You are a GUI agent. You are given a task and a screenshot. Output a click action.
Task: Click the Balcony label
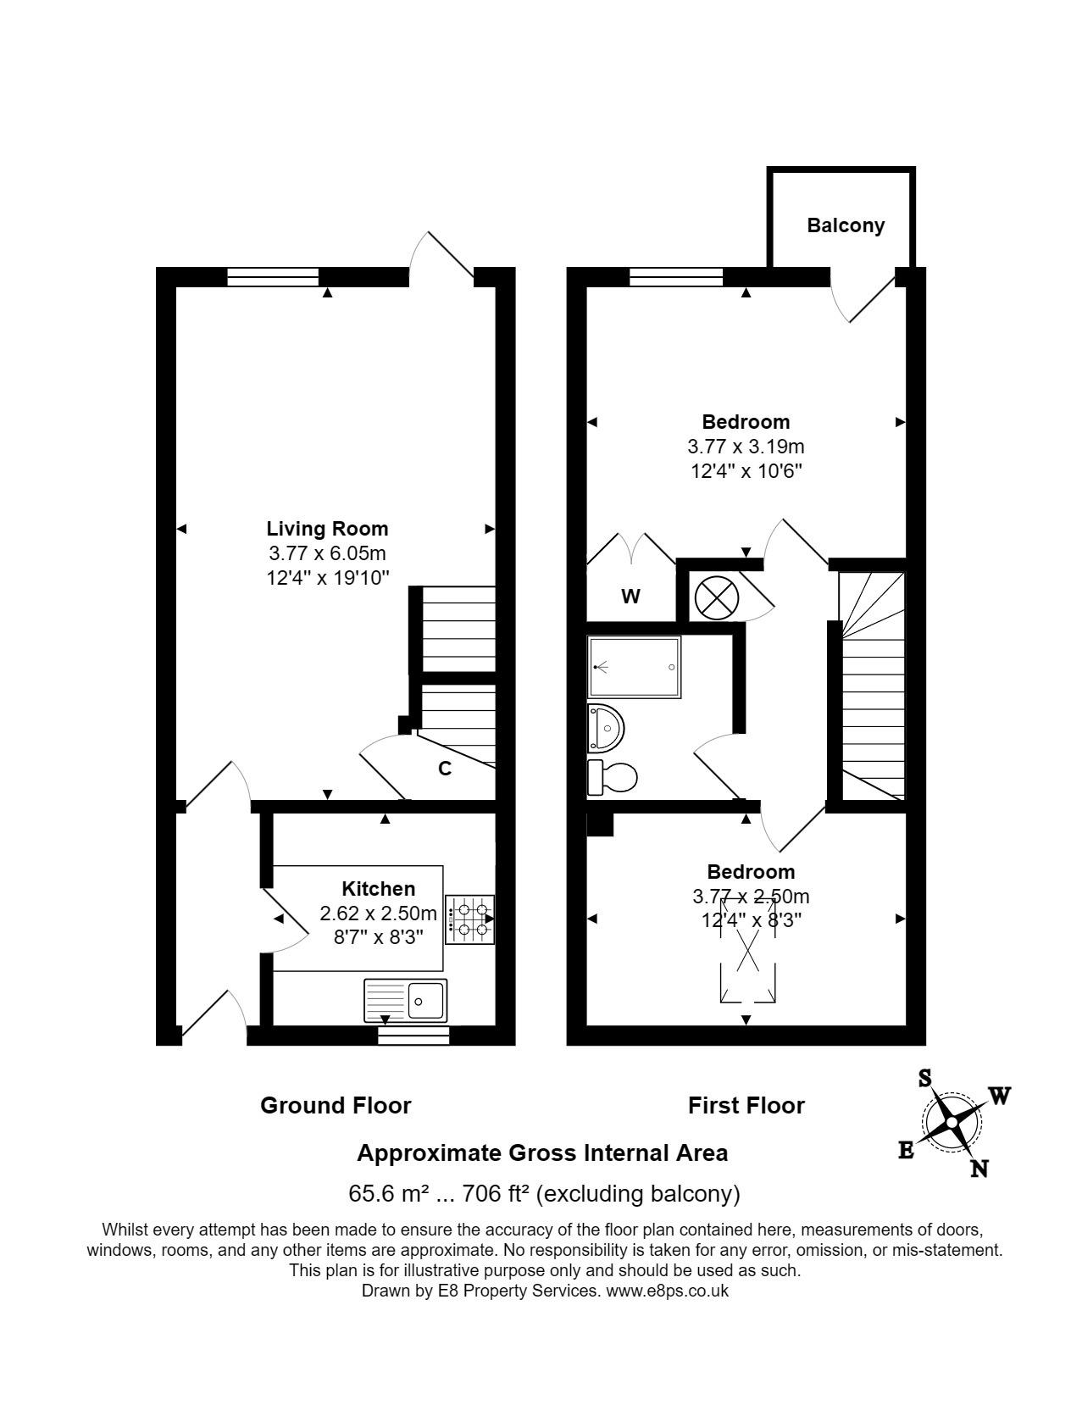click(x=846, y=225)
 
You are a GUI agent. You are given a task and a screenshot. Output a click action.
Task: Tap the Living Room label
click(x=327, y=529)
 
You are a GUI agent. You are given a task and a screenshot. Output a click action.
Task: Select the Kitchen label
click(x=378, y=888)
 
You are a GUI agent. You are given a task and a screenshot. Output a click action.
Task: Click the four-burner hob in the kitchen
click(x=470, y=919)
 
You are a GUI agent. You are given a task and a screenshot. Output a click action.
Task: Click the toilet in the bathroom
click(x=612, y=776)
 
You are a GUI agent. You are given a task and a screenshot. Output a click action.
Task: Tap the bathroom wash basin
click(x=606, y=728)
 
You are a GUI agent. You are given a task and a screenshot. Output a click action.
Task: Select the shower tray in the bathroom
click(x=634, y=667)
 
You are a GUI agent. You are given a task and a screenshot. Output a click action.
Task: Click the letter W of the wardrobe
click(x=631, y=596)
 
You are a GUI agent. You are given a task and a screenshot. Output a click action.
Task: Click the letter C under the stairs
click(x=445, y=769)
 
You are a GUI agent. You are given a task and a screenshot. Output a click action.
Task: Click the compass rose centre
click(x=952, y=1123)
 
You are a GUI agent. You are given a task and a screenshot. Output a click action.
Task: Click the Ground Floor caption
click(x=336, y=1106)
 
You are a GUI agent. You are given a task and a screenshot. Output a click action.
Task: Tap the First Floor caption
click(x=746, y=1106)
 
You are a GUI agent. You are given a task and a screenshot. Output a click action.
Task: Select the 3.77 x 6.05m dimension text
click(x=327, y=553)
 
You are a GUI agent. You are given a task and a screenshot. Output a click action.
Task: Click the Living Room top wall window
click(x=273, y=277)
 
